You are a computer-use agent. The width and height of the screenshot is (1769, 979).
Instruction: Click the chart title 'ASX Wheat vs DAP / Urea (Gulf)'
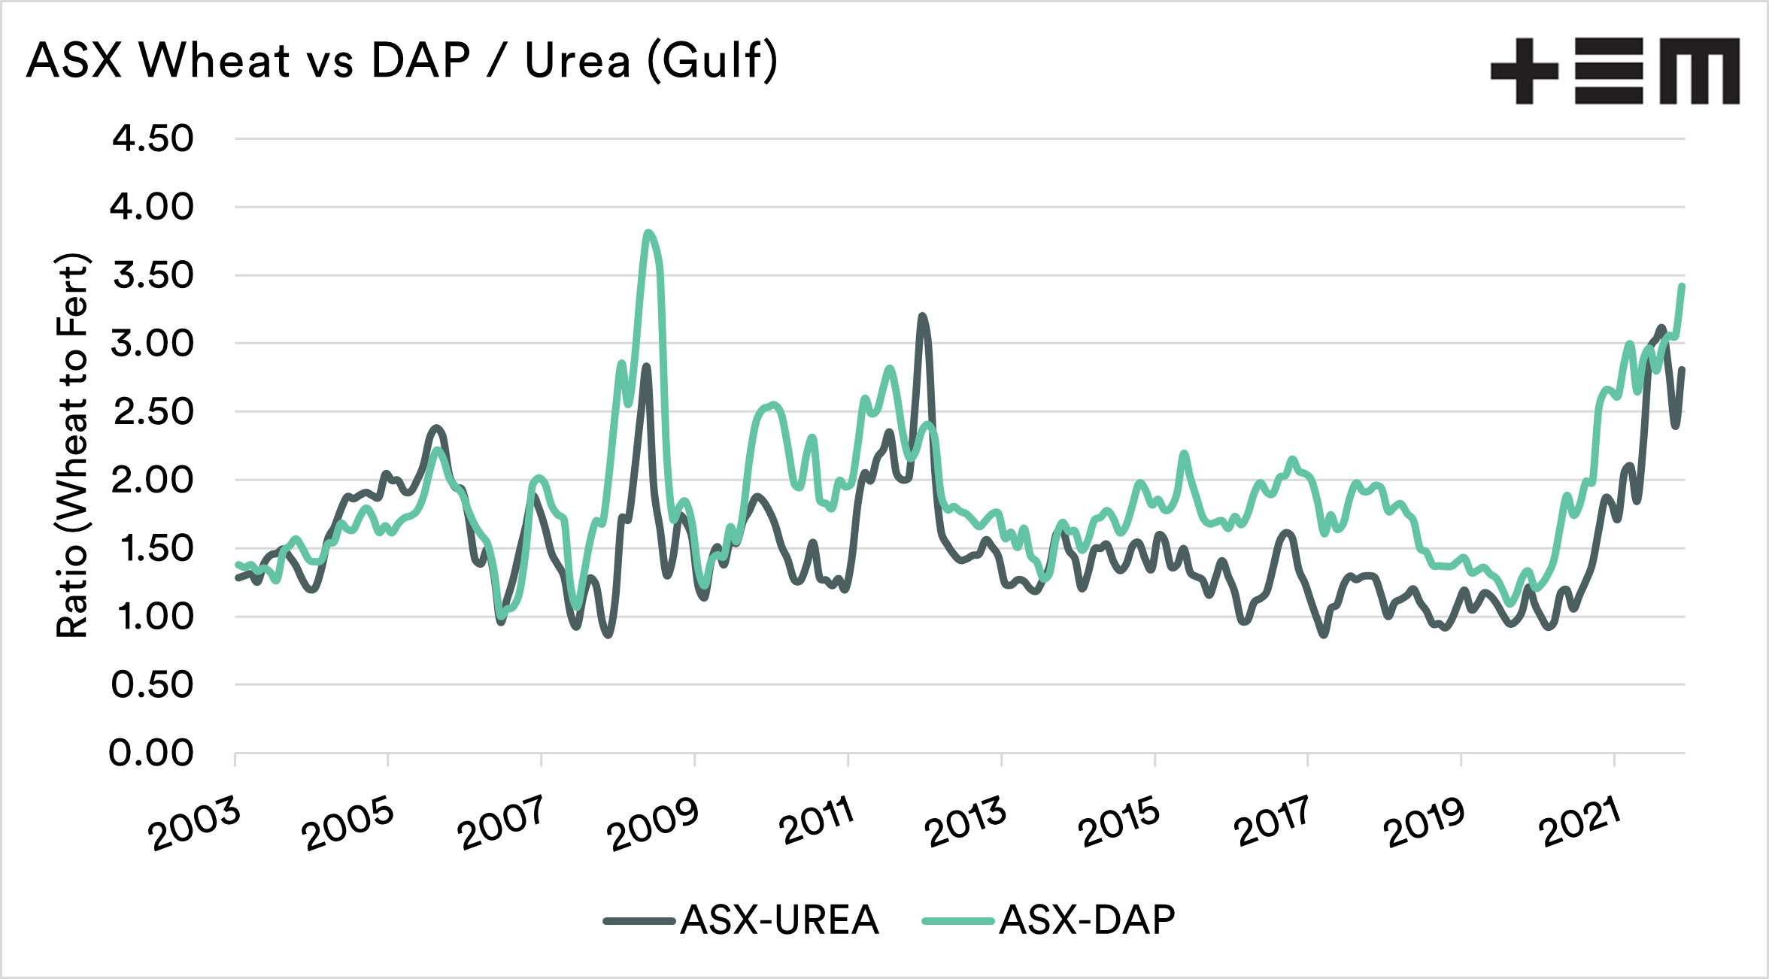tap(402, 60)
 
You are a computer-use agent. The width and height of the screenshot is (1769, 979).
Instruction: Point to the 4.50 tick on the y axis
tap(153, 139)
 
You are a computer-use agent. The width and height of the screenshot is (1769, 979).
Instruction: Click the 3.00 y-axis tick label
tap(153, 344)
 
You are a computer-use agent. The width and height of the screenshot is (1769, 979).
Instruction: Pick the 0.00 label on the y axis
tap(151, 753)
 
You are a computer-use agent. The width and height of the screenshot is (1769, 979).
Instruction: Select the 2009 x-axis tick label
tap(653, 825)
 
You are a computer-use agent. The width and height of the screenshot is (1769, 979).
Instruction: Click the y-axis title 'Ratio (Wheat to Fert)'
tap(73, 446)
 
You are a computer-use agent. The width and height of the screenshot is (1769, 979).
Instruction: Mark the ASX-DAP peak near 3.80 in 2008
tap(648, 232)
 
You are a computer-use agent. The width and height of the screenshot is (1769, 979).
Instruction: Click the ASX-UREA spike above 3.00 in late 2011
tap(922, 316)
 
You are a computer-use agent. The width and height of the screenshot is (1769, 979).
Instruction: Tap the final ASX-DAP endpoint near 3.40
tap(1682, 286)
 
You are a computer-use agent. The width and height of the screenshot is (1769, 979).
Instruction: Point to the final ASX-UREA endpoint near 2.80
tap(1682, 370)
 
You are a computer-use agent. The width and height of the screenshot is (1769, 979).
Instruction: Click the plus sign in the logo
tap(1524, 71)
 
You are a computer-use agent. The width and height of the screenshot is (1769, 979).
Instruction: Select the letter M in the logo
tap(1699, 71)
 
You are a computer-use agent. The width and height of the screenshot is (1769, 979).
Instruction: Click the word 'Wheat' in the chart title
tap(214, 60)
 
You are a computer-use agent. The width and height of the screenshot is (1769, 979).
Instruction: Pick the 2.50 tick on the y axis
tap(153, 412)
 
